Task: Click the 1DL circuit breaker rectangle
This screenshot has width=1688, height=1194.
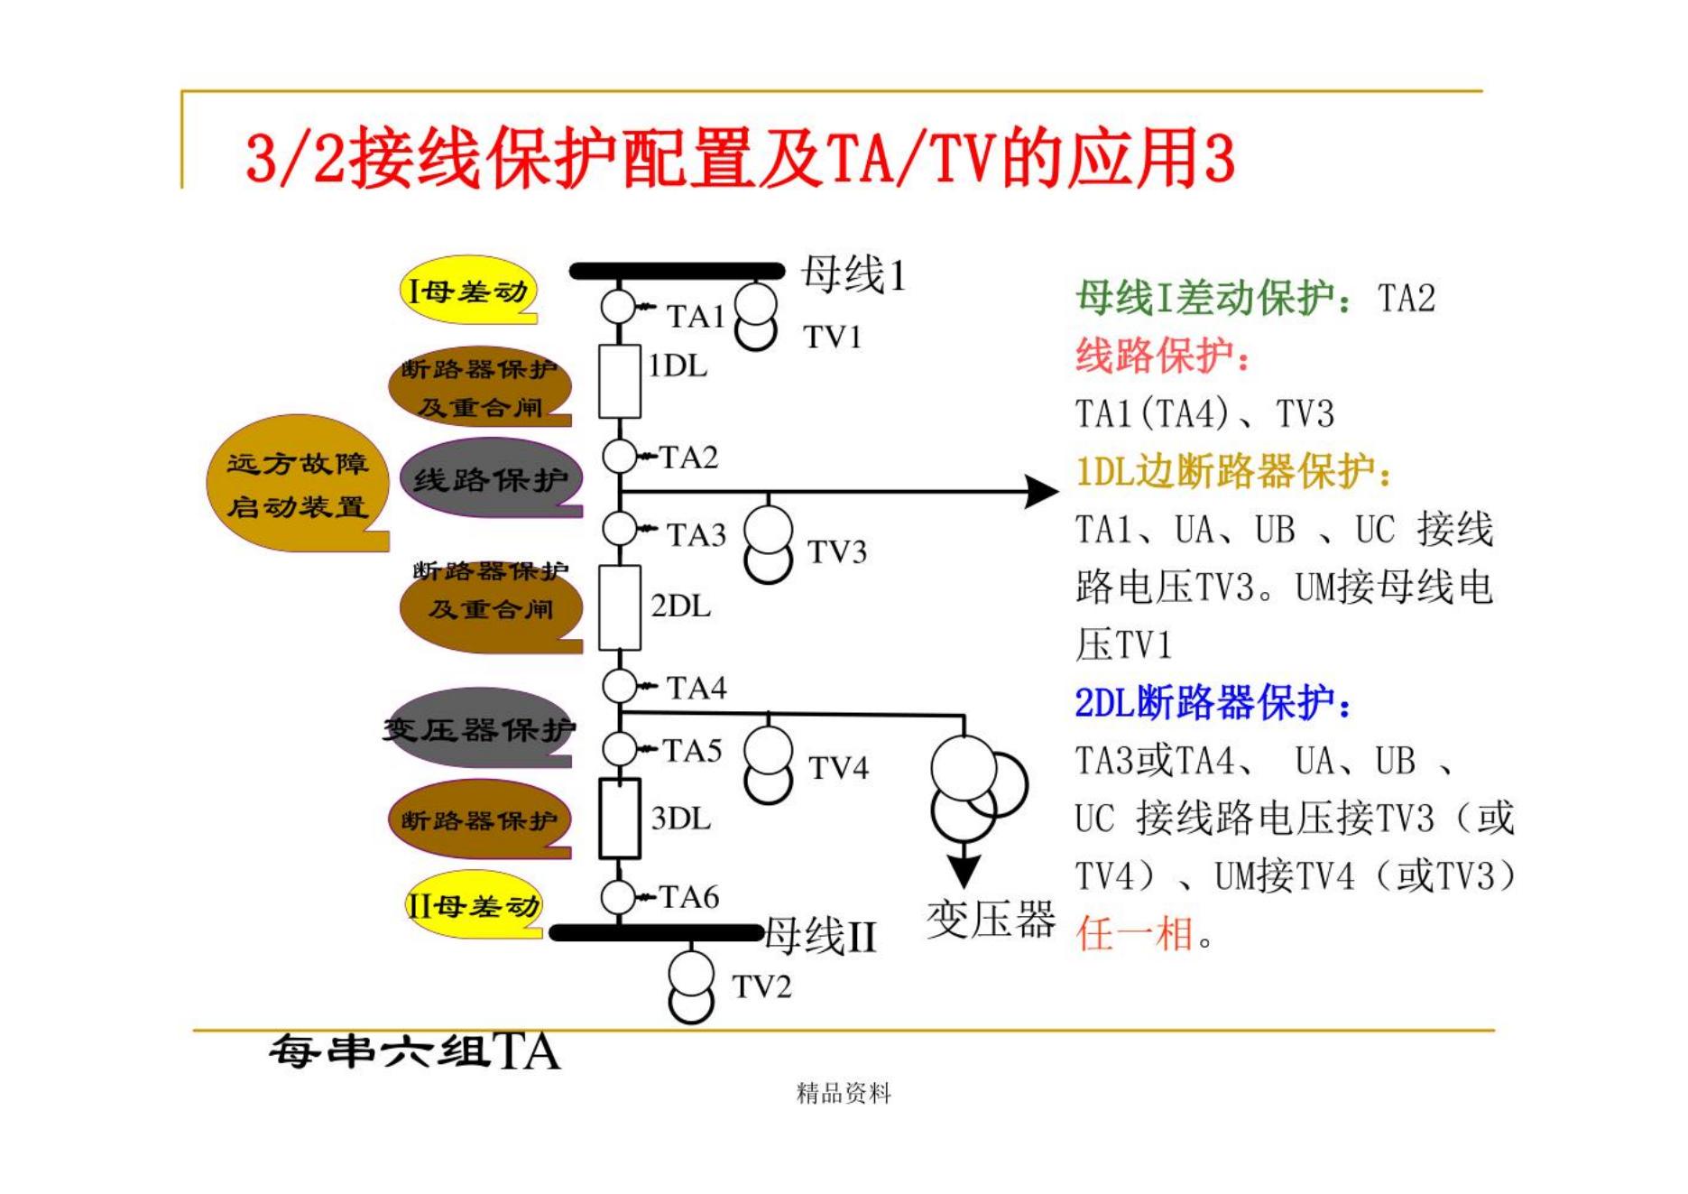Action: tap(620, 381)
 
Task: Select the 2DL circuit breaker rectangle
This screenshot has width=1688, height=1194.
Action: tap(620, 607)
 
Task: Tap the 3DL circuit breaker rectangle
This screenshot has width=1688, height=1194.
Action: tap(620, 818)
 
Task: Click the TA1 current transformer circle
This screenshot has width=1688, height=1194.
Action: tap(619, 306)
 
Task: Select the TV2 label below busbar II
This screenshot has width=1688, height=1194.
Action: tap(761, 987)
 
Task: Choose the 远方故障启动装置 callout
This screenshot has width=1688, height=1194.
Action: tap(298, 485)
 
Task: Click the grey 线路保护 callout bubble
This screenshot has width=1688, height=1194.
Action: tap(491, 479)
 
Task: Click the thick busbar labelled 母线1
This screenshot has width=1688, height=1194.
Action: tap(677, 271)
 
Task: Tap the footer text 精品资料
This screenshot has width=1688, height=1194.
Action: tap(844, 1094)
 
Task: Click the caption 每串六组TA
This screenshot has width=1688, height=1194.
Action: tap(414, 1051)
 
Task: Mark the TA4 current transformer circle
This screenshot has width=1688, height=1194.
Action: tap(619, 686)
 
